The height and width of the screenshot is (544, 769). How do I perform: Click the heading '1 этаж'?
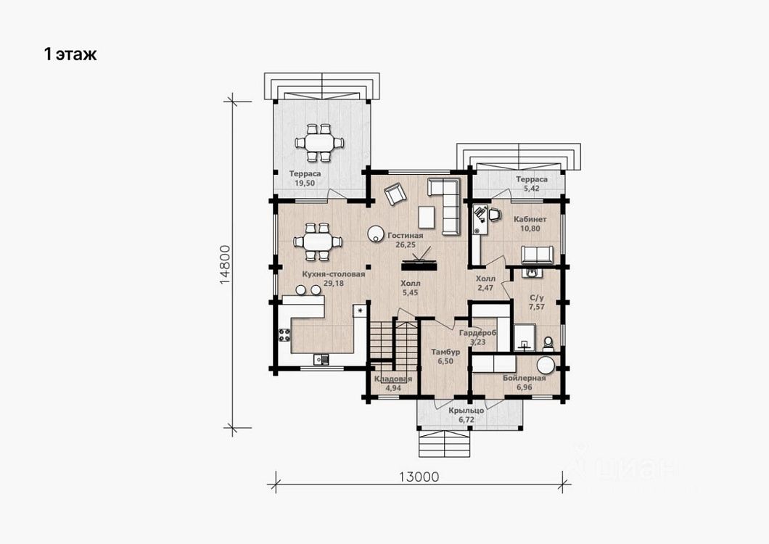[70, 54]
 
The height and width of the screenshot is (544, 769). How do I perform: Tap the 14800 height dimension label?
[225, 265]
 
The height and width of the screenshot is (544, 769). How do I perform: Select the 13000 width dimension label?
[419, 477]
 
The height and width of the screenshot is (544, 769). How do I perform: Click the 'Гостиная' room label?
[405, 236]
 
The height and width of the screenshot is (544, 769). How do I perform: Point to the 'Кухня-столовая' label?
[334, 274]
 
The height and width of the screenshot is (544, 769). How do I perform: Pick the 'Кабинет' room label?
[530, 219]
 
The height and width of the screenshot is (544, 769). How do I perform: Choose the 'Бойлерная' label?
[525, 378]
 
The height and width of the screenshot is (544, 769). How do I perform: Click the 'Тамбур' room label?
[445, 353]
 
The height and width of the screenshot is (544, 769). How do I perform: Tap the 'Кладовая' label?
[392, 379]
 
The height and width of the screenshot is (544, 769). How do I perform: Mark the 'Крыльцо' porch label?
[466, 411]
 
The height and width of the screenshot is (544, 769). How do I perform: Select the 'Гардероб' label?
[477, 333]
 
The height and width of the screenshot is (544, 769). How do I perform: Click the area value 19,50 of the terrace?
[305, 183]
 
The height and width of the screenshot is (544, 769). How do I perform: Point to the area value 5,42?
[532, 188]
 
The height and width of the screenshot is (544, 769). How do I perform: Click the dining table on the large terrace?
[318, 143]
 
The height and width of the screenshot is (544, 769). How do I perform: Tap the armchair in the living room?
[395, 194]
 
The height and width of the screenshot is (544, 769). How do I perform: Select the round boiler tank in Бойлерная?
[545, 366]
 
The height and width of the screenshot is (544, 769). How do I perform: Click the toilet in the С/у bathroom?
[548, 343]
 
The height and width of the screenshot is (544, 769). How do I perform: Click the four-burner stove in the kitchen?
[284, 335]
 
